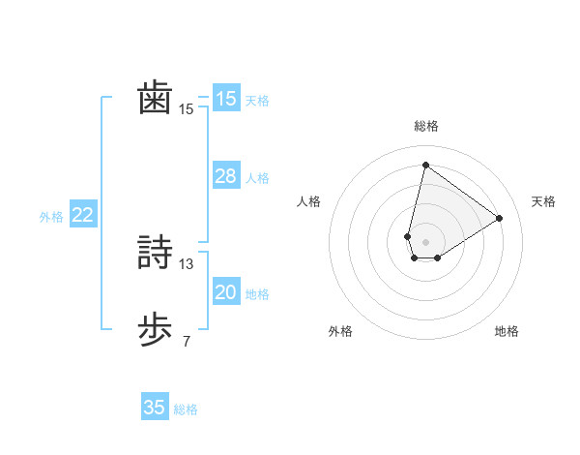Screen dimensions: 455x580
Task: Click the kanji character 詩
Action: [155, 254]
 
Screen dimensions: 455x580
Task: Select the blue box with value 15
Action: [225, 99]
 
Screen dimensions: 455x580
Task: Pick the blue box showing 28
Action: [225, 176]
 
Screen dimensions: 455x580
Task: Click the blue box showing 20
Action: [225, 292]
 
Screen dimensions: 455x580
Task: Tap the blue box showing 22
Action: [82, 215]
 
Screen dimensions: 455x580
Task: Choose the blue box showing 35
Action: [155, 408]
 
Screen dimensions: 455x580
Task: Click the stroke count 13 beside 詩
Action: [187, 263]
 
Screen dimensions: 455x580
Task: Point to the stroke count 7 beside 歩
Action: [187, 341]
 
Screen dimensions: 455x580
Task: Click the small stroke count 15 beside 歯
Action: [187, 109]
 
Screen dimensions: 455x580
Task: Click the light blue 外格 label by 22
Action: [51, 217]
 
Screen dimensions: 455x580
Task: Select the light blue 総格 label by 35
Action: [186, 409]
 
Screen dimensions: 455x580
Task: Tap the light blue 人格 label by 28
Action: [257, 178]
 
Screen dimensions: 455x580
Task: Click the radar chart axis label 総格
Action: [425, 127]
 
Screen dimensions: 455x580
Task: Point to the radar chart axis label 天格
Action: [543, 201]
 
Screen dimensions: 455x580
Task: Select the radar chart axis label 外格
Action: [339, 331]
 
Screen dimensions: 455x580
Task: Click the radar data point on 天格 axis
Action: [499, 218]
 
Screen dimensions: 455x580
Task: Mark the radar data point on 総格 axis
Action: [425, 164]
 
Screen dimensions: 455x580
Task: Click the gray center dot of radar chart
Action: [425, 241]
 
